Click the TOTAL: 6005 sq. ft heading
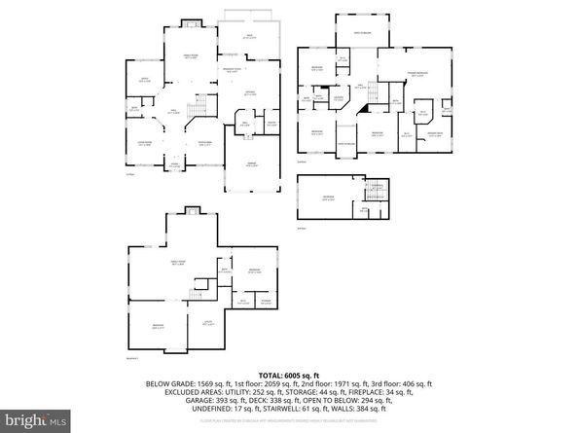pyautogui.click(x=289, y=376)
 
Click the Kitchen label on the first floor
pyautogui.click(x=249, y=94)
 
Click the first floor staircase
pyautogui.click(x=199, y=106)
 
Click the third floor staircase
pyautogui.click(x=375, y=188)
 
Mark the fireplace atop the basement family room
pyautogui.click(x=191, y=211)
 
